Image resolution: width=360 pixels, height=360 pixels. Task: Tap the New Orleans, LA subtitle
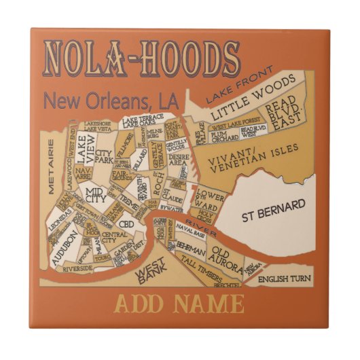click(110, 101)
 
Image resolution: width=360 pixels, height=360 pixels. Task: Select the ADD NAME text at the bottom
click(179, 304)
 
